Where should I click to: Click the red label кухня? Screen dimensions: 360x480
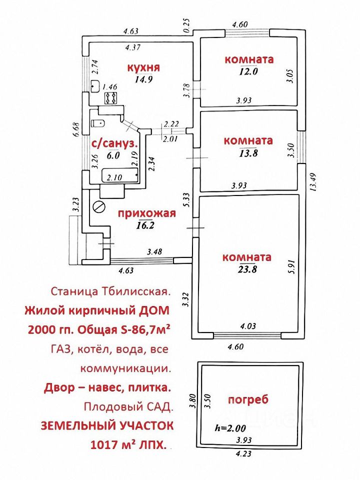(143, 67)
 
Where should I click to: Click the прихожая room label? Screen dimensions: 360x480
(147, 214)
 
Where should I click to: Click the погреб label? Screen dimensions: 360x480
(248, 399)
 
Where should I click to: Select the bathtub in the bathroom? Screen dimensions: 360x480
(119, 176)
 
